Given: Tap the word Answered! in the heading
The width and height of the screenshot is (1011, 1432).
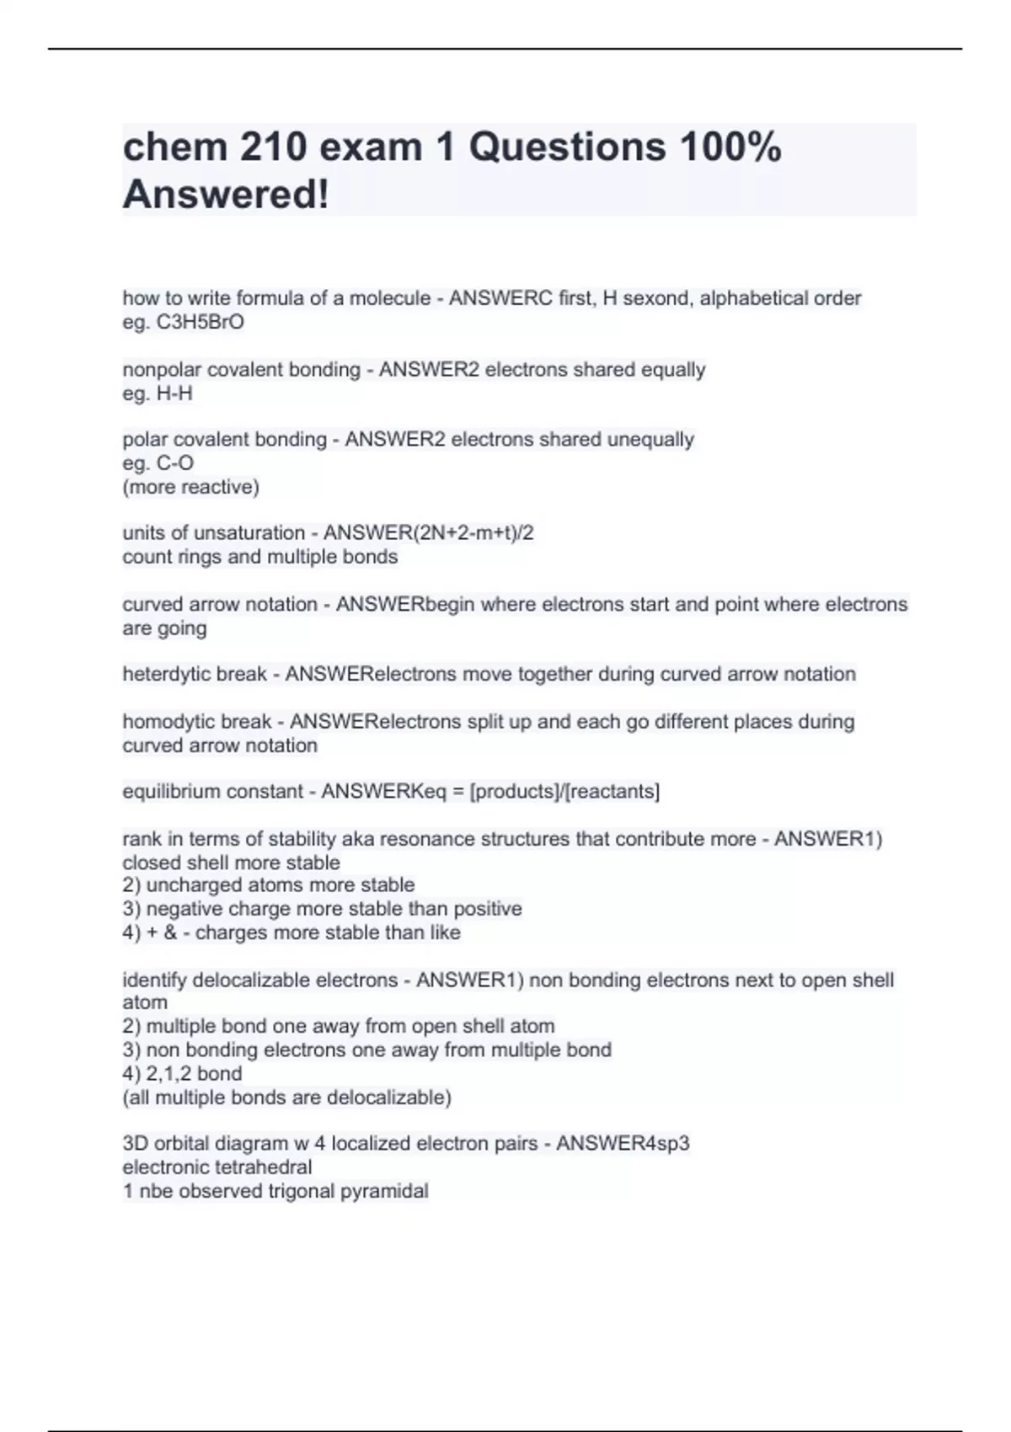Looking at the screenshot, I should pyautogui.click(x=226, y=195).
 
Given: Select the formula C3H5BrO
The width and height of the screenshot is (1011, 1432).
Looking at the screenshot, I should pyautogui.click(x=200, y=322).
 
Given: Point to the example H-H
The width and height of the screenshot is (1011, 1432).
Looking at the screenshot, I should pyautogui.click(x=174, y=393).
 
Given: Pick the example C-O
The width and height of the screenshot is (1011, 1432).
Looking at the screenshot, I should pyautogui.click(x=175, y=463).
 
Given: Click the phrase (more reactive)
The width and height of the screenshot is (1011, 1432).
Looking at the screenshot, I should pyautogui.click(x=191, y=487).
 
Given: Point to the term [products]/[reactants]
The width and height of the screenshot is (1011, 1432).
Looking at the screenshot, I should pyautogui.click(x=564, y=792).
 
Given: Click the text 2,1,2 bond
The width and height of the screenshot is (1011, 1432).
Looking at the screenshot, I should pyautogui.click(x=194, y=1074).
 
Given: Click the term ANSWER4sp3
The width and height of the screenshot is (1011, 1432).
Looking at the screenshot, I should pyautogui.click(x=623, y=1144).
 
